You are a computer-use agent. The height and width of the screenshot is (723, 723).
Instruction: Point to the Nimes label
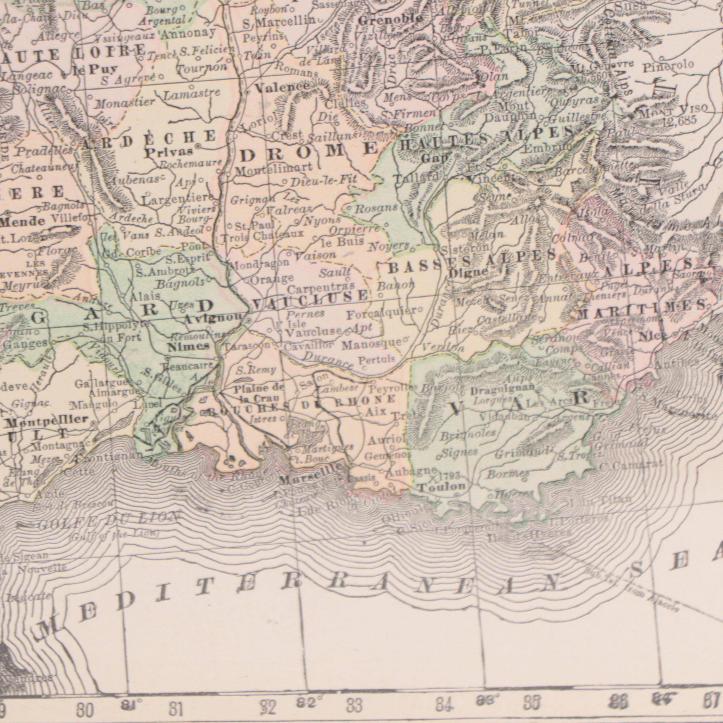pos(188,347)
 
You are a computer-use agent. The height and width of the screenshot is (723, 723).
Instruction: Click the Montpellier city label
pos(47,420)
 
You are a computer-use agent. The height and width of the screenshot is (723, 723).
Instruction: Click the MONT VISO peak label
pos(673,111)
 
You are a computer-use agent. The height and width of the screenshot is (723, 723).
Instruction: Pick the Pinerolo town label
pos(668,67)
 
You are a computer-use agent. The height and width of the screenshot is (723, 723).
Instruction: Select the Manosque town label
pos(372,343)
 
